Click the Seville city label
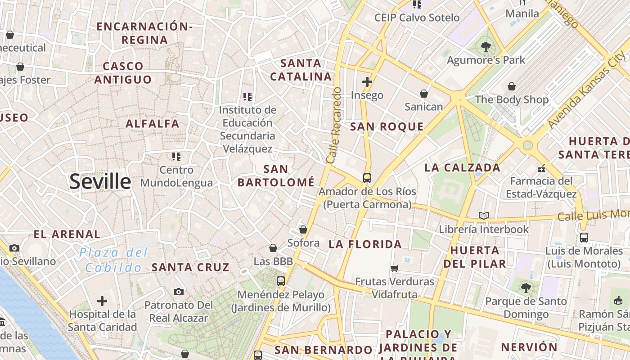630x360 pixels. [x=100, y=181]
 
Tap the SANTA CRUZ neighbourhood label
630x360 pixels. [x=191, y=267]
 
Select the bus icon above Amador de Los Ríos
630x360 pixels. [x=367, y=178]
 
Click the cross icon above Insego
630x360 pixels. [x=367, y=82]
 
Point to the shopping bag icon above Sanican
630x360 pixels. [x=423, y=94]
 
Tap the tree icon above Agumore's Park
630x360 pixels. [x=486, y=46]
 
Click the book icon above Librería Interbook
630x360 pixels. [x=484, y=216]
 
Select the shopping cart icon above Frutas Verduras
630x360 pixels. [x=395, y=269]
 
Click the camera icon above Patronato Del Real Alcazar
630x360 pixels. [x=179, y=292]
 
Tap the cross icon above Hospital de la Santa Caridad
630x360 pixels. [x=102, y=301]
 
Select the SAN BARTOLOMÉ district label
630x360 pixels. [x=276, y=175]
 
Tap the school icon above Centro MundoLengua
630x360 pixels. [x=176, y=157]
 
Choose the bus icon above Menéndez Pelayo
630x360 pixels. [x=281, y=281]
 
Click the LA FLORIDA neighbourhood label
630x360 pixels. [x=365, y=244]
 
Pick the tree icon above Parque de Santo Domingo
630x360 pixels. [x=526, y=288]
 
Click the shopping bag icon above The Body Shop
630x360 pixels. [x=512, y=86]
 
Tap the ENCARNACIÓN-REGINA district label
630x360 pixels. [x=145, y=33]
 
